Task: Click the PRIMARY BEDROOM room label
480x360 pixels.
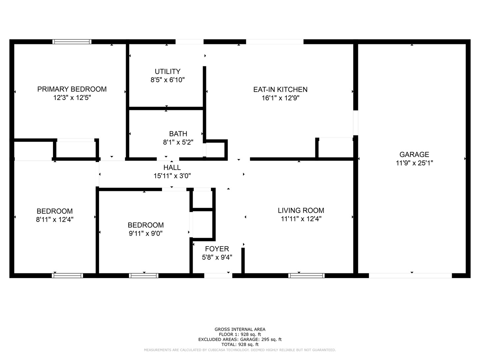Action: point(72,89)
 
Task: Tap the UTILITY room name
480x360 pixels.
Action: point(168,71)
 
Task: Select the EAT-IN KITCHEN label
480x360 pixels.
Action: point(280,89)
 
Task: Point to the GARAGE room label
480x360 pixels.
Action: point(414,155)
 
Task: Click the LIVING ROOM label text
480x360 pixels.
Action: point(301,210)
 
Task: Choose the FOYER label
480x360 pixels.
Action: point(217,249)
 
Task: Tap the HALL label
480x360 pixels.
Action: point(172,167)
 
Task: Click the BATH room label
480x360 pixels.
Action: point(178,134)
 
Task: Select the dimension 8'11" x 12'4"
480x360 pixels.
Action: point(55,219)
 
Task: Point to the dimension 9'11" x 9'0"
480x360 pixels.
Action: point(146,233)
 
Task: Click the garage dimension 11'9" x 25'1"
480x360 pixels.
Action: point(414,163)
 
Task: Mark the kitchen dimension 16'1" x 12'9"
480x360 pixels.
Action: point(281,98)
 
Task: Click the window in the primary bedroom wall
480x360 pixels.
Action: point(72,42)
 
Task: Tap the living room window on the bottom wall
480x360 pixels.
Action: point(306,276)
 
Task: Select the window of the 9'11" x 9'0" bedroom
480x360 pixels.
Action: point(144,276)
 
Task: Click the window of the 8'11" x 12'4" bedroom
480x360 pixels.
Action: point(67,276)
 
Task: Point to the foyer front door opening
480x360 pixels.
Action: point(218,276)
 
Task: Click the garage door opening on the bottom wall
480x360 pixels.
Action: point(410,276)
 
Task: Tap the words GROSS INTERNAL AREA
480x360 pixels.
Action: point(240,329)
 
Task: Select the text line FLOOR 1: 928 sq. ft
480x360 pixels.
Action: point(240,334)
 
